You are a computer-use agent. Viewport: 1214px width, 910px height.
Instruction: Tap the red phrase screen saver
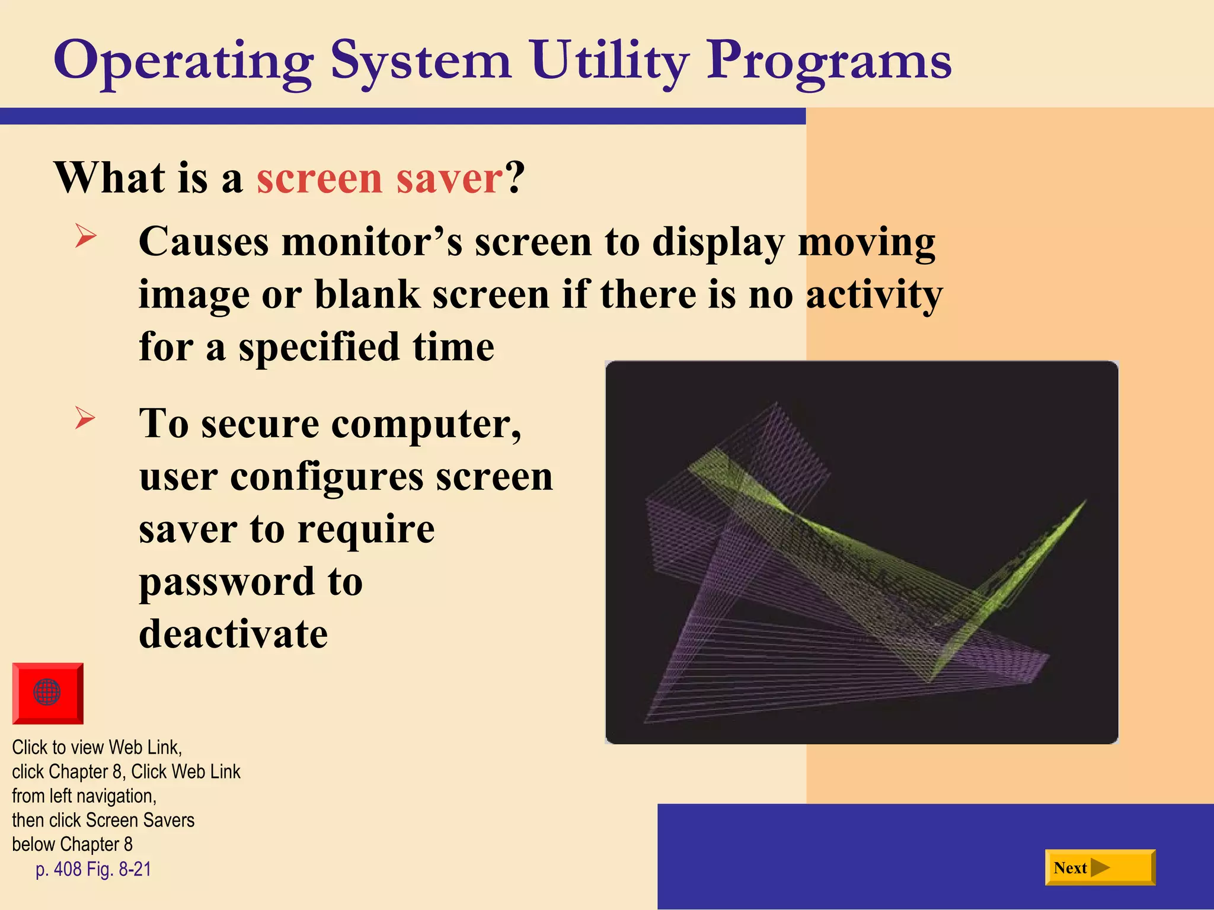[x=379, y=178]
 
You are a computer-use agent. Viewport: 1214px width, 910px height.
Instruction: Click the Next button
[x=1100, y=867]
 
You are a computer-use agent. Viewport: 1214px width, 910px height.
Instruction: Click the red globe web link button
[x=47, y=693]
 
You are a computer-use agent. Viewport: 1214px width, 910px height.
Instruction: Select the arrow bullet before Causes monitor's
[x=85, y=237]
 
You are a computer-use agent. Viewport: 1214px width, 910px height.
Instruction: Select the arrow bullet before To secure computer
[x=85, y=418]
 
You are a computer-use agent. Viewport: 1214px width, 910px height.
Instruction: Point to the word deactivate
[x=233, y=634]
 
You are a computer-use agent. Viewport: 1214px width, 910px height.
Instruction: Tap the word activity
[x=874, y=294]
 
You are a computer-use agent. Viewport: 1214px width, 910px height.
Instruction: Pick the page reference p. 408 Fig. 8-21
[x=93, y=869]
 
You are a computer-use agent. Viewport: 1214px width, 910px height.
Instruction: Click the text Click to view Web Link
[x=97, y=747]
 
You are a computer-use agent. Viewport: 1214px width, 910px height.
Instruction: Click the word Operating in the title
[x=184, y=62]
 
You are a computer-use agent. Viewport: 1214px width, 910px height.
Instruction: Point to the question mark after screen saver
[x=515, y=178]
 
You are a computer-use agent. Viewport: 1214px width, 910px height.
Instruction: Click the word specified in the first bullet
[x=319, y=347]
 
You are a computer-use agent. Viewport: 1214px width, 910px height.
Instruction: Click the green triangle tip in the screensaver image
[x=1084, y=502]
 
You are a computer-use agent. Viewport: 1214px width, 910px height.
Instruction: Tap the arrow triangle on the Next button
[x=1100, y=867]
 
